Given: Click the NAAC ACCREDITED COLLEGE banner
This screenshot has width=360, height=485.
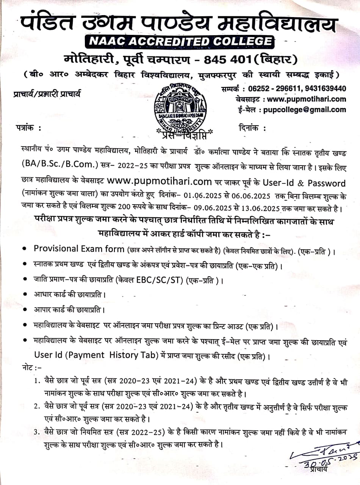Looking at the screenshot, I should point(180,42).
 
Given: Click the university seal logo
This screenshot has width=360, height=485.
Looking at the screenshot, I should point(180,108).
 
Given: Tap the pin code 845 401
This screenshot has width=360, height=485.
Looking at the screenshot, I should point(227,60).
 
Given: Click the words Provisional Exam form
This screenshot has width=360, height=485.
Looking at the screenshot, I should point(79,249).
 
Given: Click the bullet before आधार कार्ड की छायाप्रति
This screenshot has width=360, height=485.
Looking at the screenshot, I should point(25,294).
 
